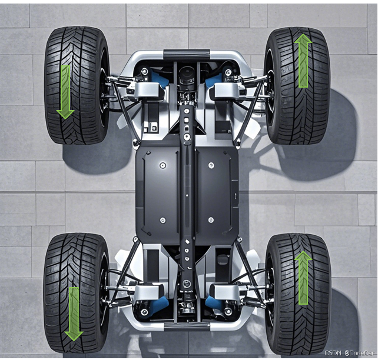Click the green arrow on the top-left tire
coord(65,92)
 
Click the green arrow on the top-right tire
coord(303,61)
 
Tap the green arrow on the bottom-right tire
coord(303,278)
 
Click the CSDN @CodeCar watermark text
coord(349,353)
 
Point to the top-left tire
coord(77,85)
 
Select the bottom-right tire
coord(299,294)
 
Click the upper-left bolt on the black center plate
coord(163,165)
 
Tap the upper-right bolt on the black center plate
coord(211,165)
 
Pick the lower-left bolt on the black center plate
coord(163,220)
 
